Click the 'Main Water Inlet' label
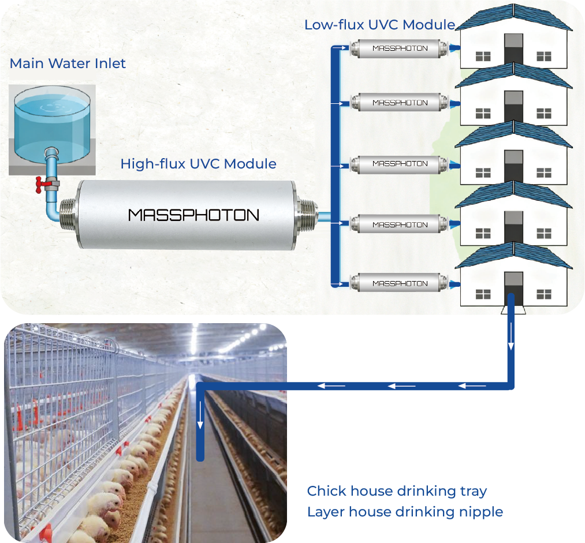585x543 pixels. pyautogui.click(x=68, y=63)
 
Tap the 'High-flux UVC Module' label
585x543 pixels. pyautogui.click(x=198, y=164)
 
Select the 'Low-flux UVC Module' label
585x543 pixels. pyautogui.click(x=379, y=25)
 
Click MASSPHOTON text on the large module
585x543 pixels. pyautogui.click(x=193, y=215)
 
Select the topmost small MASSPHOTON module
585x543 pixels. pyautogui.click(x=400, y=48)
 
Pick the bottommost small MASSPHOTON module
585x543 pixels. pyautogui.click(x=400, y=283)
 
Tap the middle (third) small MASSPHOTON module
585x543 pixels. pyautogui.click(x=400, y=163)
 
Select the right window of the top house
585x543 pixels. pyautogui.click(x=544, y=56)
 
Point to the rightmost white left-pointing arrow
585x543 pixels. pyautogui.click(x=472, y=385)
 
